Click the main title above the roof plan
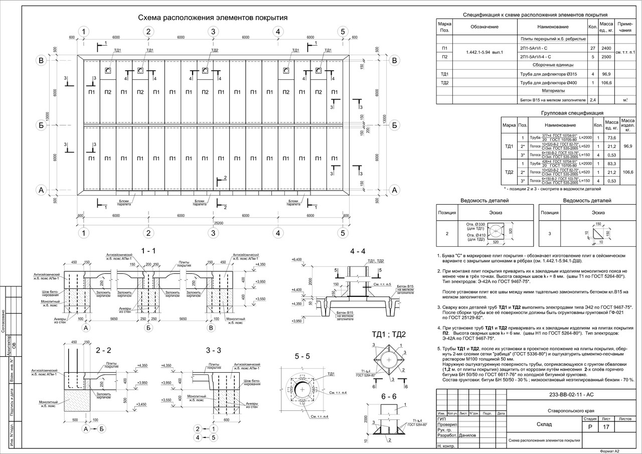(213, 18)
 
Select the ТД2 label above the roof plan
(214, 51)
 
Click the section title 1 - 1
(148, 250)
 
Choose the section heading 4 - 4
(358, 250)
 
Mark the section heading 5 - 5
(302, 356)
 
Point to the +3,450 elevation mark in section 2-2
(142, 404)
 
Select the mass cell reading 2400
(606, 48)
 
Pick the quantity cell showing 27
(592, 48)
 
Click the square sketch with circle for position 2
(496, 231)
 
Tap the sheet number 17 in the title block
(606, 427)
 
